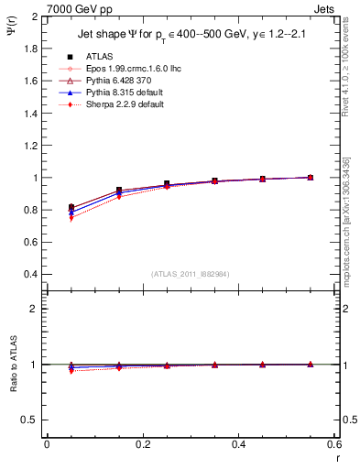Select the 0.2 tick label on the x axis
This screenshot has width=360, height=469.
pyautogui.click(x=143, y=444)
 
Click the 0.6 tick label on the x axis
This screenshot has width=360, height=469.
pyautogui.click(x=334, y=444)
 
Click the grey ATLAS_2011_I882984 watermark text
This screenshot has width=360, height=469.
pyautogui.click(x=190, y=274)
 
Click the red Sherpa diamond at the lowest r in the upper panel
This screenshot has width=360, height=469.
pyautogui.click(x=71, y=218)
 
